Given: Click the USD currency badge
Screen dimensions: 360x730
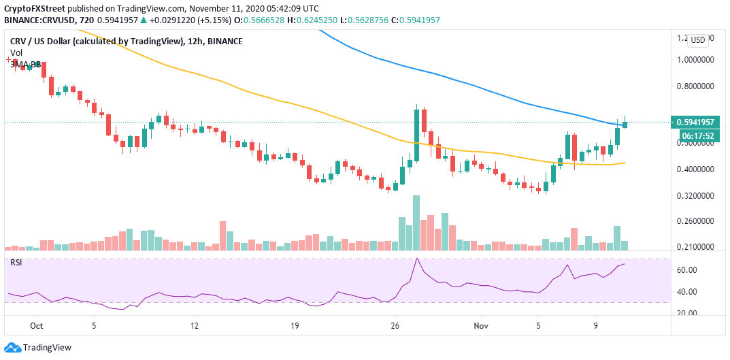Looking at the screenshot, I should click(697, 39).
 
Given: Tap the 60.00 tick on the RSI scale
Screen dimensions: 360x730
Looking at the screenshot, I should click(687, 270).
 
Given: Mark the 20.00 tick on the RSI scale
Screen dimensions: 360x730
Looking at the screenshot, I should click(687, 313).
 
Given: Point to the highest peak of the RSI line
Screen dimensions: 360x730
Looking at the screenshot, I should click(416, 259).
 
